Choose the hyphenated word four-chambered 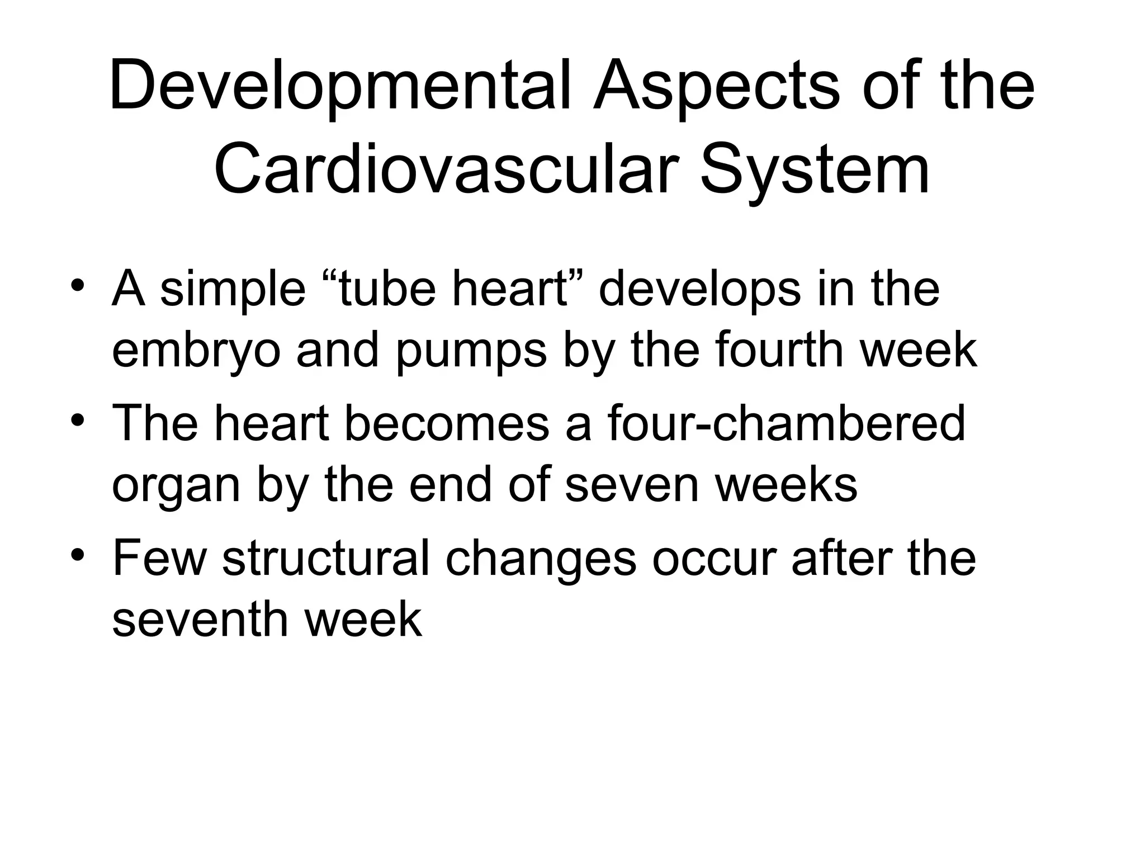[786, 423]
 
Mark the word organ [176, 485]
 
